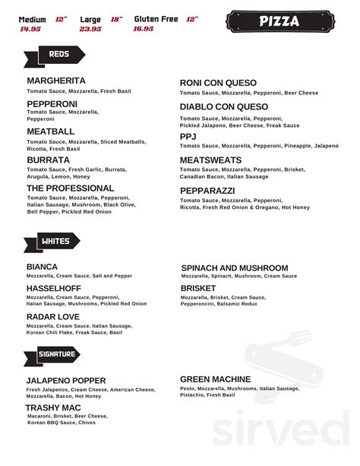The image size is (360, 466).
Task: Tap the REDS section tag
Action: (58, 55)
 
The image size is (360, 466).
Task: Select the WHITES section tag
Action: (55, 242)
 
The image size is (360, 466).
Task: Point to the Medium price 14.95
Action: (30, 29)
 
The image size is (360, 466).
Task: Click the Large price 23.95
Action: (90, 29)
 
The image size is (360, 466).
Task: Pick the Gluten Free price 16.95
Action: (144, 29)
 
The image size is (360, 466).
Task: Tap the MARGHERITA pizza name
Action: (56, 81)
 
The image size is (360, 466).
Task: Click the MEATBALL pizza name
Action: (50, 132)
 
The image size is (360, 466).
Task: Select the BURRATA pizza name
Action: (49, 160)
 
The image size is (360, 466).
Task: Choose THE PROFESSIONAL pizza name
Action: (70, 188)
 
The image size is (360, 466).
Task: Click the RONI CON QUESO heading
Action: (218, 83)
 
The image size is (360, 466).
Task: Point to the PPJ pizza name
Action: (188, 136)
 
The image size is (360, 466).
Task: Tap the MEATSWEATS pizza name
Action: (210, 160)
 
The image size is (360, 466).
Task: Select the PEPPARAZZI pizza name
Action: (207, 189)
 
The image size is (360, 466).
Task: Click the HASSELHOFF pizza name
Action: (55, 289)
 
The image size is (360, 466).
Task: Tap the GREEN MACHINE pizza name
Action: (215, 379)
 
